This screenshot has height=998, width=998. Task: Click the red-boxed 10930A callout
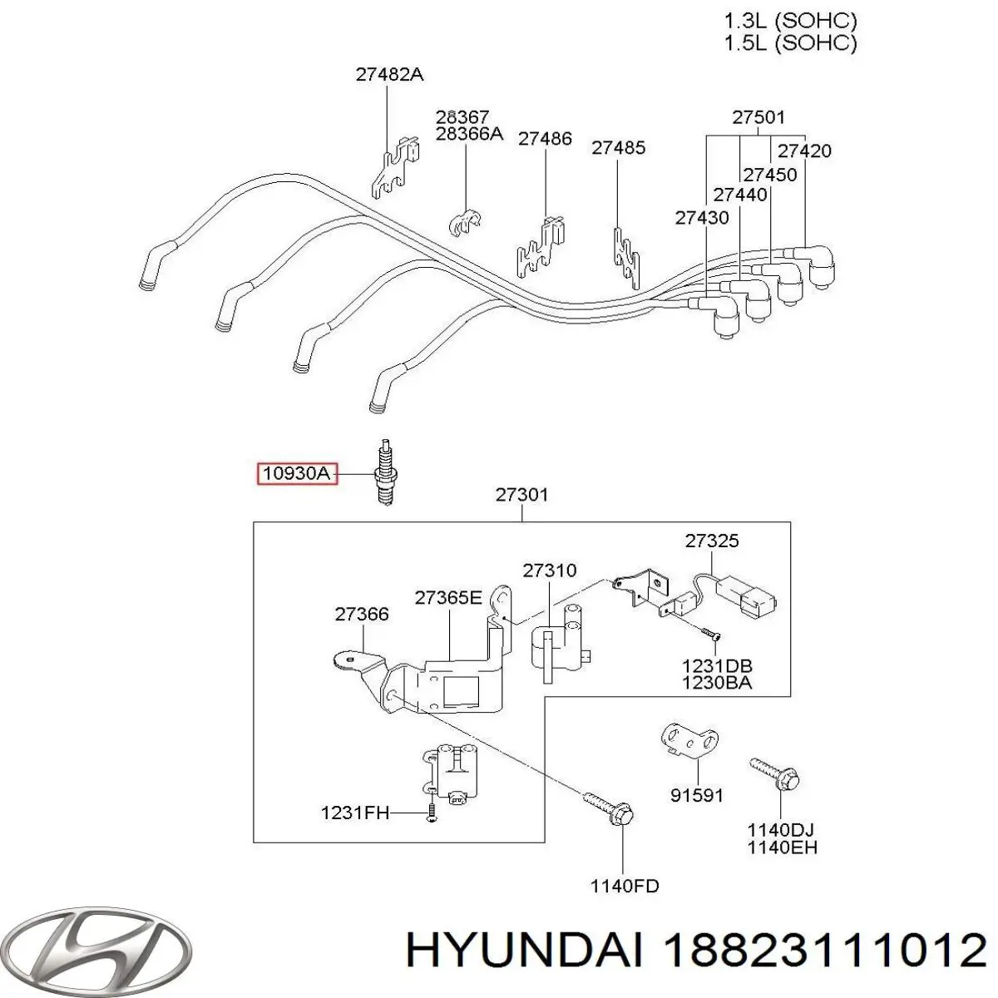pyautogui.click(x=297, y=474)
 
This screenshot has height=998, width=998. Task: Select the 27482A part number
pyautogui.click(x=389, y=74)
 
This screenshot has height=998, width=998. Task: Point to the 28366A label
pyautogui.click(x=469, y=133)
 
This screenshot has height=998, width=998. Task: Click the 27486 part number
pyautogui.click(x=545, y=139)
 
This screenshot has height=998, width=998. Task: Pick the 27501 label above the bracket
pyautogui.click(x=758, y=118)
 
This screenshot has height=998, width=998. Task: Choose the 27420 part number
pyautogui.click(x=804, y=151)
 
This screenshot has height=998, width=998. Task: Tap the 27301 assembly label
pyautogui.click(x=521, y=495)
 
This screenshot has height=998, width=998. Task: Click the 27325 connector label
pyautogui.click(x=712, y=541)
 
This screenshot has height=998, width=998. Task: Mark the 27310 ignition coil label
pyautogui.click(x=550, y=571)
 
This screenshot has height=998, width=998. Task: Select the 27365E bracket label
pyautogui.click(x=448, y=598)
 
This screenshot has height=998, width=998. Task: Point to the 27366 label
pyautogui.click(x=362, y=615)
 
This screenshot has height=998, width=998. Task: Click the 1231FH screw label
pyautogui.click(x=355, y=813)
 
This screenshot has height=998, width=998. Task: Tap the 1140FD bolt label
pyautogui.click(x=624, y=887)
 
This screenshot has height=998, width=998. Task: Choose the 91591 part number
pyautogui.click(x=697, y=796)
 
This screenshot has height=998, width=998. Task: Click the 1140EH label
pyautogui.click(x=781, y=847)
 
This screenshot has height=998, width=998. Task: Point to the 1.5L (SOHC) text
pyautogui.click(x=789, y=42)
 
